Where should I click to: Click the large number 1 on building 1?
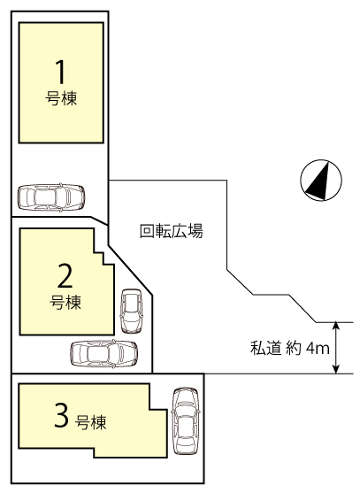click(x=61, y=72)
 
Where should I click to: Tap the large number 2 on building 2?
click(x=65, y=276)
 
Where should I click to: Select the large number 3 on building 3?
click(x=62, y=415)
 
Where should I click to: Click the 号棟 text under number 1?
click(x=61, y=98)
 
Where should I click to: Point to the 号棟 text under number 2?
click(x=65, y=303)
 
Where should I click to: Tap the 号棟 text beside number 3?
click(x=90, y=422)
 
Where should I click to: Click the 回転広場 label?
click(x=172, y=231)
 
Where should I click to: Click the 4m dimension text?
click(x=318, y=349)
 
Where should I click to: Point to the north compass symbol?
click(x=321, y=181)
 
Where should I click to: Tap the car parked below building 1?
click(x=51, y=197)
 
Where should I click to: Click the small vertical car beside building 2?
click(x=132, y=312)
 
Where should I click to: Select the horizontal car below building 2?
click(x=104, y=354)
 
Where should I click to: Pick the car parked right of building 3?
click(x=186, y=421)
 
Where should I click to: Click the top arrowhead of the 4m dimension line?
click(x=336, y=326)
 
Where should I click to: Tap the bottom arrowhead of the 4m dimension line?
click(x=336, y=370)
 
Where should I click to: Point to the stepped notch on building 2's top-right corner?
click(x=103, y=258)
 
